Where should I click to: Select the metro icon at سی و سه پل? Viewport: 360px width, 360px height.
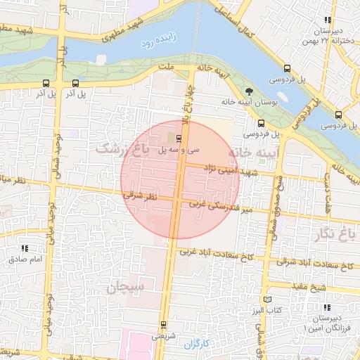click(177, 138)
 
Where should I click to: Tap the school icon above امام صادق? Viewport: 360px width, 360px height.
click(25, 248)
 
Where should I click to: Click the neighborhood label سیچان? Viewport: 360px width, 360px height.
click(124, 286)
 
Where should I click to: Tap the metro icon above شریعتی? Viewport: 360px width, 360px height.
click(163, 324)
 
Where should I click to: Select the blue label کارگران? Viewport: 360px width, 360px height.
click(198, 344)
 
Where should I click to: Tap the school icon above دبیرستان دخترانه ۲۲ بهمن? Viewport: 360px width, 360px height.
click(328, 20)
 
